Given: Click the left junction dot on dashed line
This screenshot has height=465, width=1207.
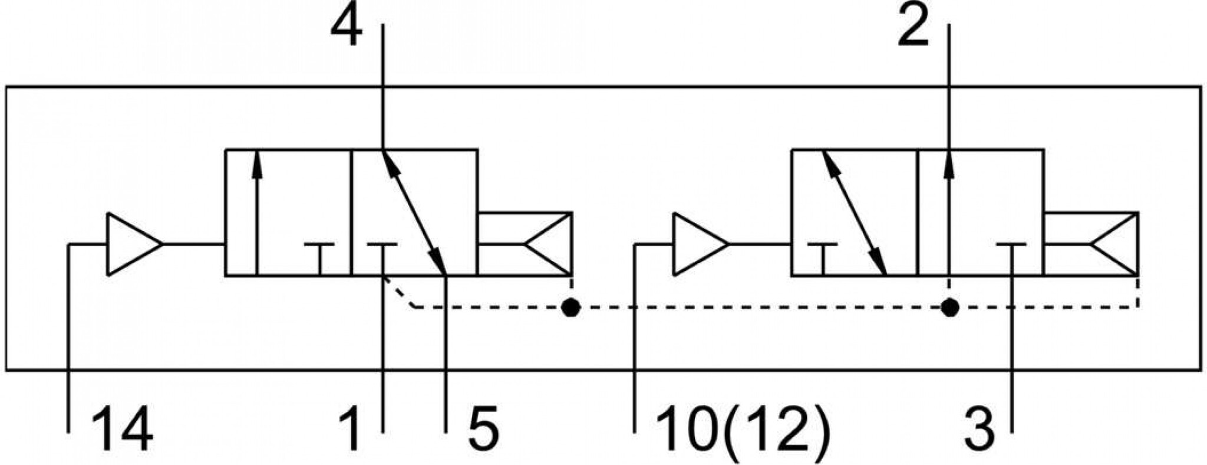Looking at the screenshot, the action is coord(570,307).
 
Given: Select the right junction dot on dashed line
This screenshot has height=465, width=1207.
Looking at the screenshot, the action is coord(949,307).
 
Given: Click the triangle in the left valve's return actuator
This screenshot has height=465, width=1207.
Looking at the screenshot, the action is coord(548,244).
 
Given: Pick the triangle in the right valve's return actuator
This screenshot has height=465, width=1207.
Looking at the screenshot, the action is coord(1114,244).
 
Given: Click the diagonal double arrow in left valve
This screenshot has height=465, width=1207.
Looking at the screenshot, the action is coord(414,213).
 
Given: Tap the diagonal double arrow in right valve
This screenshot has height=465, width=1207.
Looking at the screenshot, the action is coord(854,213).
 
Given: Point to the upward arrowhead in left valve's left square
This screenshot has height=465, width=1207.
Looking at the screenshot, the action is coord(256,164).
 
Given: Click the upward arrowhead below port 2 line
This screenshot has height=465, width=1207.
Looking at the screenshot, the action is coord(949,164).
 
